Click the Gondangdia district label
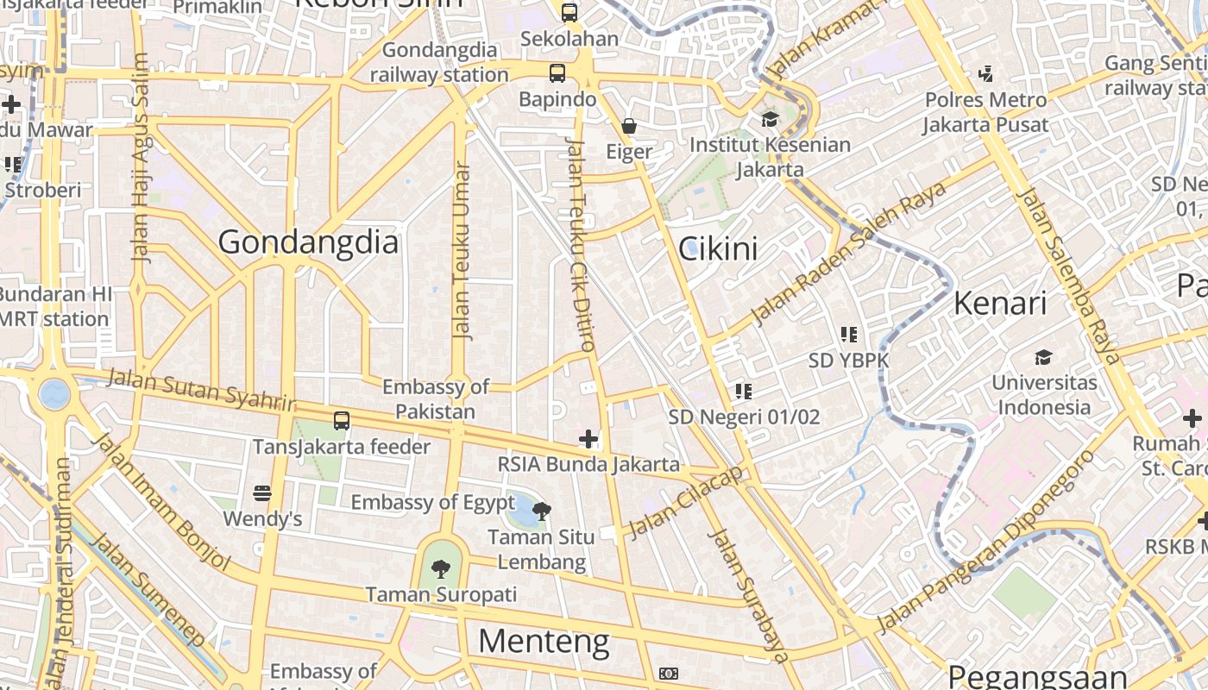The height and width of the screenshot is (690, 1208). (308, 242)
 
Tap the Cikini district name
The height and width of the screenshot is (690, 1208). (718, 249)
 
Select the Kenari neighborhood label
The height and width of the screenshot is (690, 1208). (1000, 304)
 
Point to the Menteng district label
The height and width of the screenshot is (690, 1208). (544, 642)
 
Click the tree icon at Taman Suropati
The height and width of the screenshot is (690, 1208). (441, 568)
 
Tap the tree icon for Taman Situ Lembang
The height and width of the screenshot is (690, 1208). (542, 511)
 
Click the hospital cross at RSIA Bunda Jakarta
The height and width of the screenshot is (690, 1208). (588, 439)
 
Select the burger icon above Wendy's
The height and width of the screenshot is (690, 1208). (263, 493)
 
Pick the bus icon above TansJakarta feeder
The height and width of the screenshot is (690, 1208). (342, 421)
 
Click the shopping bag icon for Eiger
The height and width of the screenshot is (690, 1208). (629, 126)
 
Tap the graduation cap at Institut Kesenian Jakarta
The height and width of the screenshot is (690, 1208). (769, 119)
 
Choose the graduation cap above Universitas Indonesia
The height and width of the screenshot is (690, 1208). (1043, 357)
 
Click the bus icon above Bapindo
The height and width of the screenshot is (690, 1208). (557, 73)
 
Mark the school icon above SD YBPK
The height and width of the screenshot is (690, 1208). (849, 334)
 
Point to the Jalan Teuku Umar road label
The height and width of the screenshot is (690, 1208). (462, 251)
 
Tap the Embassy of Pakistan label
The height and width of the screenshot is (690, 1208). (435, 399)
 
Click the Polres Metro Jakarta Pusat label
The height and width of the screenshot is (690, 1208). (985, 112)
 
